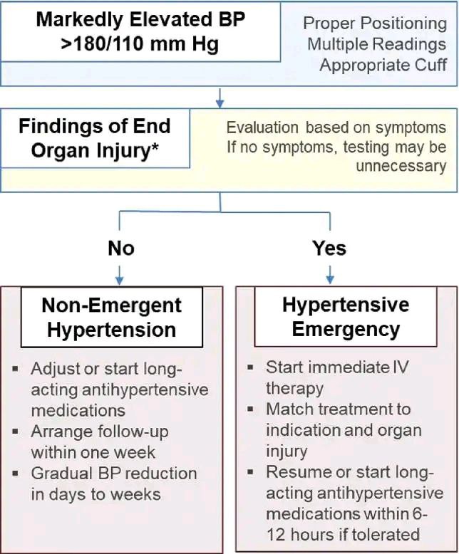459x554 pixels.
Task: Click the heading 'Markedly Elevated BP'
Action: [140, 20]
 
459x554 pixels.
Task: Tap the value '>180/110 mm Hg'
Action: [140, 43]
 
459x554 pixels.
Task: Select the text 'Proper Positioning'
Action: [375, 24]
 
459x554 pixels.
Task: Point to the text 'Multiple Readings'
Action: [376, 45]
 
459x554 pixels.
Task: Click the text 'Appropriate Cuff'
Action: [383, 66]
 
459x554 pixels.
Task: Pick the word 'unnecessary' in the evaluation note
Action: [401, 167]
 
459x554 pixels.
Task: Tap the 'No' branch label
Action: [121, 248]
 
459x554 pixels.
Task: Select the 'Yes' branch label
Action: [329, 248]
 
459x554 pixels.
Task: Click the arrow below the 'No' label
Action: [120, 276]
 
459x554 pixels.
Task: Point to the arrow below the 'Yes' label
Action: [330, 275]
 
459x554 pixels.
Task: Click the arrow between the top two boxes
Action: [220, 98]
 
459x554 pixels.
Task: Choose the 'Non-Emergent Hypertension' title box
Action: [112, 317]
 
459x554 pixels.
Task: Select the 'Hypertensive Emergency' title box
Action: [346, 316]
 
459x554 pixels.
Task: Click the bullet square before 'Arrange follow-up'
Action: [15, 432]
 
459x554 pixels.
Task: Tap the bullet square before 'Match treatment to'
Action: [250, 409]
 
